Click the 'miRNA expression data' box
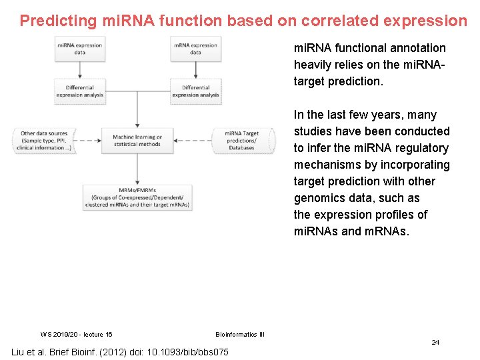click(x=79, y=49)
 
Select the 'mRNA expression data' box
click(x=195, y=49)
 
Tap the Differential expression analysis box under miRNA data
click(x=79, y=91)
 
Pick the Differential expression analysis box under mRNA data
click(x=195, y=91)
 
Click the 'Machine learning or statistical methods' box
click(x=137, y=141)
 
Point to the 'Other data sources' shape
click(x=44, y=141)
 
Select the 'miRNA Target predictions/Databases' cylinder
click(x=241, y=141)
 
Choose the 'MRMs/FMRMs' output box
click(x=137, y=197)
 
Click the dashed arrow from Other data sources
click(x=87, y=141)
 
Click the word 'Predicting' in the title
click(x=58, y=21)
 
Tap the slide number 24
click(x=435, y=342)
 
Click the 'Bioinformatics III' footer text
click(x=240, y=334)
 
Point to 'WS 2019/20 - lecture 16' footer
click(x=76, y=334)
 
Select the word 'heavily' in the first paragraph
click(x=313, y=65)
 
